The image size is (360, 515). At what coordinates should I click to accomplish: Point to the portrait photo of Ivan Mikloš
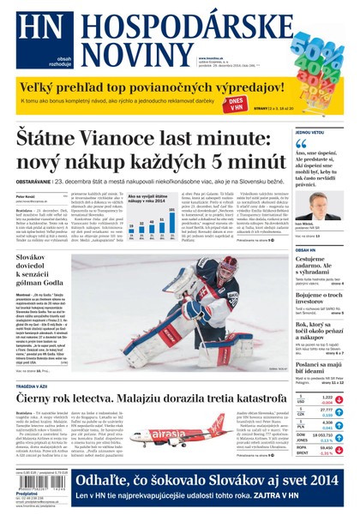tap(318, 207)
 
